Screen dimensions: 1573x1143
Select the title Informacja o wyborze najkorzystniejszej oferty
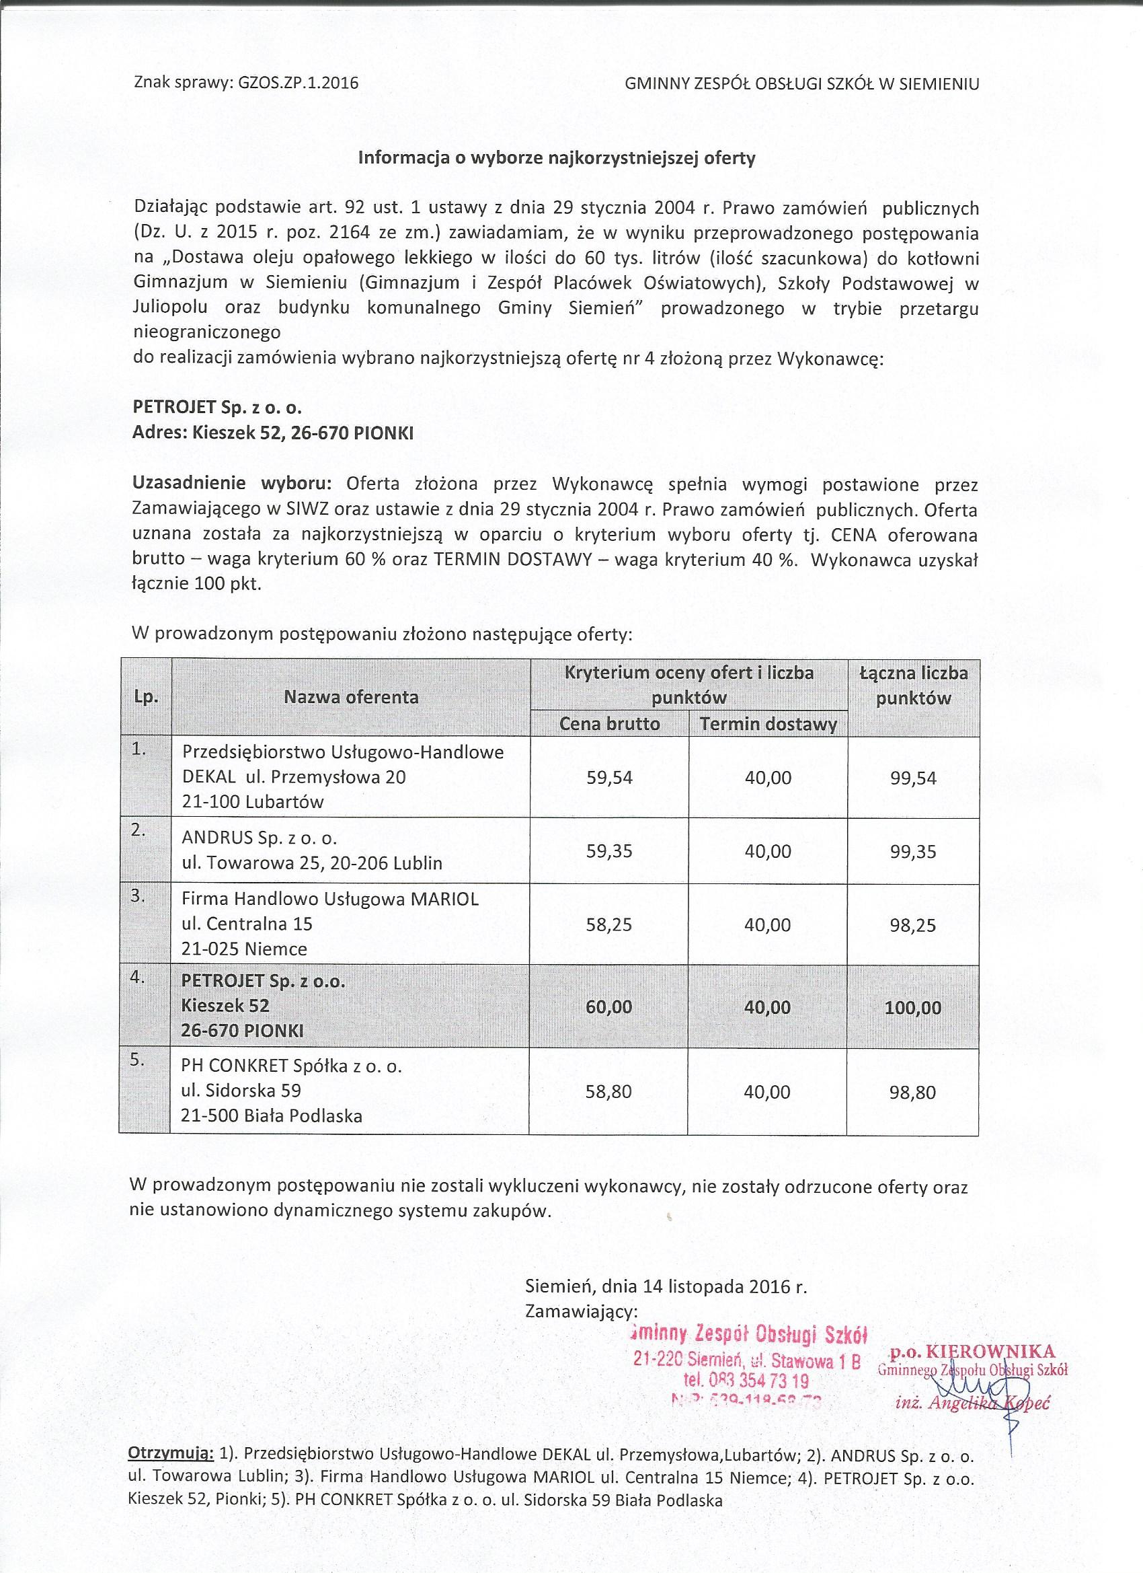(556, 158)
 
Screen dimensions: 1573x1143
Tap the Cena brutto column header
(609, 724)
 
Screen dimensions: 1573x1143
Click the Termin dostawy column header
(768, 725)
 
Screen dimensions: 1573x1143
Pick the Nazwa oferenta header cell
(351, 697)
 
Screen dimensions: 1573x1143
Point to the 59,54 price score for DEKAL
(609, 778)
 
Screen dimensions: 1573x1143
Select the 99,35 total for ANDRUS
(913, 852)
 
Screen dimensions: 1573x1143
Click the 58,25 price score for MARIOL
(609, 924)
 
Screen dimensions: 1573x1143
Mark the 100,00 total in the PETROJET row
(913, 1008)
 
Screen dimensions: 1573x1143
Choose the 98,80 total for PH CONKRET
(913, 1093)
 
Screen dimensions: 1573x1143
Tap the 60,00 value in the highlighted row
(609, 1007)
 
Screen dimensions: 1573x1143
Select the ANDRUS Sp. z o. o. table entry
(260, 838)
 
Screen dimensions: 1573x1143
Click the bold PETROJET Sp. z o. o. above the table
(217, 408)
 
